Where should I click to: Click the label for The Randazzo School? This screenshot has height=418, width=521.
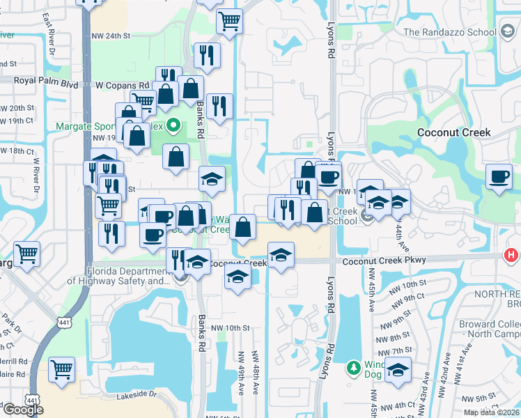pos(449,32)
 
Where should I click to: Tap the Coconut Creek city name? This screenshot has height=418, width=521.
pos(453,132)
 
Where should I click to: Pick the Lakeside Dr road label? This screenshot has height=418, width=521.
pos(138,394)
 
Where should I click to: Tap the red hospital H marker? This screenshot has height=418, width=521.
pos(511,256)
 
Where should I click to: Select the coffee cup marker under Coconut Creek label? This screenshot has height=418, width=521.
pos(499,178)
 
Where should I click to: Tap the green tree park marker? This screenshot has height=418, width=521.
pos(355,367)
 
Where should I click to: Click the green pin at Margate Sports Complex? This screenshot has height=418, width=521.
pos(174,127)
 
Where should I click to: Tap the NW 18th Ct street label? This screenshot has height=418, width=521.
pos(17,151)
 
